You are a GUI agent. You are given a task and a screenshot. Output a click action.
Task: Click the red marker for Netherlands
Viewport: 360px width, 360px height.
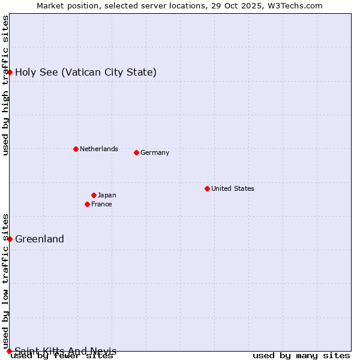point(76,149)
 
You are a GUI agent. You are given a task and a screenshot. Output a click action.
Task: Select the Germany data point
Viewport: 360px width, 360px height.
point(136,152)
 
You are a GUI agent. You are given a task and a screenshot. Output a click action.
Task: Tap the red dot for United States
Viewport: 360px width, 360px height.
point(207,188)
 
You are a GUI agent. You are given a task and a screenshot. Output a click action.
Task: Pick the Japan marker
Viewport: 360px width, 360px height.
point(94,195)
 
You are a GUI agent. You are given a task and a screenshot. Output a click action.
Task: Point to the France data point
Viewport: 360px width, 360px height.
point(87,204)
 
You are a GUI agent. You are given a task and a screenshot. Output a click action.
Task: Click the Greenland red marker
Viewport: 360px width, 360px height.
point(10,239)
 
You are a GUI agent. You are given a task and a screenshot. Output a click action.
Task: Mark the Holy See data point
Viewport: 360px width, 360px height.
point(10,72)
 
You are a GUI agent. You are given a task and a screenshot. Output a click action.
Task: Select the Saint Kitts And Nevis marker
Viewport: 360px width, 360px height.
point(9,351)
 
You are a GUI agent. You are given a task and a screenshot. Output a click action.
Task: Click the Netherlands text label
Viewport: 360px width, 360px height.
point(98,149)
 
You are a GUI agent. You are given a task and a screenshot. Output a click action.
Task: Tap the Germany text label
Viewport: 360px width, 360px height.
point(155,152)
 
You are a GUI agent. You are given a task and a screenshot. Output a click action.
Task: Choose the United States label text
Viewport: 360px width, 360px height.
point(232,188)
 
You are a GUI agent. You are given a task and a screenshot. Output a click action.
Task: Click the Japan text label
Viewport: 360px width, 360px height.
point(107,195)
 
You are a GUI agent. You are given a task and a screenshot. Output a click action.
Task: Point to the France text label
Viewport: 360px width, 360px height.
point(101,204)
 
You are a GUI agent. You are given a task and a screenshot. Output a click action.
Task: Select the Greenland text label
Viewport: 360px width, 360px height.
point(40,239)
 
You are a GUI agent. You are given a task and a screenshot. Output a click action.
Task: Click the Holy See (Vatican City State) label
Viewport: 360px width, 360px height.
point(86,72)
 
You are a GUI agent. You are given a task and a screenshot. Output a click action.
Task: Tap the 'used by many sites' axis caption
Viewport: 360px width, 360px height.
point(301,356)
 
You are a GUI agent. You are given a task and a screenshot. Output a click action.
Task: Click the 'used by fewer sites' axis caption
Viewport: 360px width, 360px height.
point(62,356)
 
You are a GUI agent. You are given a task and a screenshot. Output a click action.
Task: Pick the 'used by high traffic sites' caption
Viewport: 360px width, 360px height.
point(5,85)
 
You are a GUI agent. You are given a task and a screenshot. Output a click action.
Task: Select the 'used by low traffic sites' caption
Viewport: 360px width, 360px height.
point(5,281)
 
